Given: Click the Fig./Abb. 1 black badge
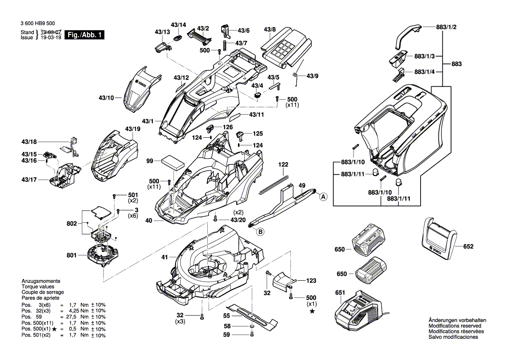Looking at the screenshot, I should (x=84, y=35).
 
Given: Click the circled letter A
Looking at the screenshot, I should (x=324, y=197).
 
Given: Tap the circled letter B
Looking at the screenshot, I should (x=260, y=232).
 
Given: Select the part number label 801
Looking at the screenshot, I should (x=71, y=255).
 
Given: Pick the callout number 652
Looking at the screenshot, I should (x=468, y=246).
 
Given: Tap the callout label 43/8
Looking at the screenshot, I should (x=270, y=30).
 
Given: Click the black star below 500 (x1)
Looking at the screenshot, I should (x=312, y=311).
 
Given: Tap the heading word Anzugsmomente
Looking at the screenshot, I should (x=40, y=281).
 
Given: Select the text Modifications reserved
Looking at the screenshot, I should (x=455, y=326).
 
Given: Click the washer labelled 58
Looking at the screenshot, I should (x=253, y=327).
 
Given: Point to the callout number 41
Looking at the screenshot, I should (x=164, y=258).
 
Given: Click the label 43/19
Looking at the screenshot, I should (x=132, y=129).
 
